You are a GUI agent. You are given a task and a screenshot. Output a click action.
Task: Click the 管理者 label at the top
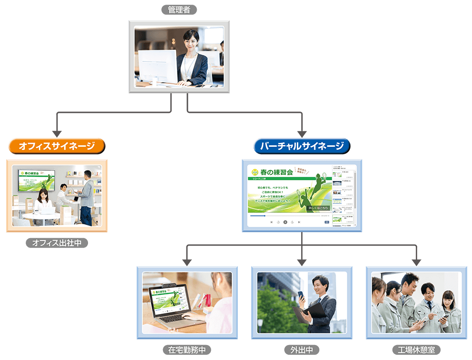click(x=179, y=9)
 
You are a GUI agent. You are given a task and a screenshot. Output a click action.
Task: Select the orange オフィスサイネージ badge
click(x=57, y=146)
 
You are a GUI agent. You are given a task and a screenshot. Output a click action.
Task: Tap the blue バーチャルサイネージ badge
click(x=302, y=146)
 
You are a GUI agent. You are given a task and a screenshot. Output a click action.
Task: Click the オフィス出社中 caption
click(x=57, y=243)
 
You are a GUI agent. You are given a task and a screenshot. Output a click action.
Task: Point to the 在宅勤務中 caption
click(x=187, y=350)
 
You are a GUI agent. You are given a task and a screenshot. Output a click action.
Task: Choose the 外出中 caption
click(x=302, y=350)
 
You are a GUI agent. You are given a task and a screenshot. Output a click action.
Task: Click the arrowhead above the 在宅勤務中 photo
click(x=187, y=261)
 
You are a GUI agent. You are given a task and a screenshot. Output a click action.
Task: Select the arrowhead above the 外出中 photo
click(x=302, y=261)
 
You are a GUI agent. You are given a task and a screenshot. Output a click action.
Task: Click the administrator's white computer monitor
click(x=157, y=66)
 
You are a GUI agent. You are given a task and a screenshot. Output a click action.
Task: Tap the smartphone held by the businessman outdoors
click(x=301, y=296)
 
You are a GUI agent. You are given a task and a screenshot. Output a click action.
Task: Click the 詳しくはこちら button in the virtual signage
click(x=318, y=208)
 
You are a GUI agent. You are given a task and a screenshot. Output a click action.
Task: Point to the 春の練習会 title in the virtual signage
click(x=276, y=172)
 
